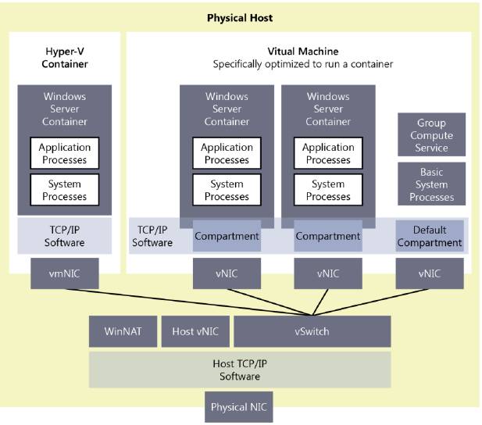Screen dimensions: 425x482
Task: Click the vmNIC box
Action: (65, 273)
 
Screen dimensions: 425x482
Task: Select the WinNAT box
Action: (122, 331)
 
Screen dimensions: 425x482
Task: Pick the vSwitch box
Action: (312, 331)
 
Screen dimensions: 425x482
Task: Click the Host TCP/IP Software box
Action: (239, 370)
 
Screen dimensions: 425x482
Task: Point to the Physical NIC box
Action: (239, 407)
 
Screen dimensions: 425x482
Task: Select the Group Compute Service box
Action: (431, 135)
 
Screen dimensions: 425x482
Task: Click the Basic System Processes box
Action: (431, 184)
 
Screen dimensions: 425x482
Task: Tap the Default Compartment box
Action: (430, 236)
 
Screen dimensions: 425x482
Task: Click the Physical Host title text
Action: (240, 17)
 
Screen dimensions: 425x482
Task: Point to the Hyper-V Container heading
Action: (65, 57)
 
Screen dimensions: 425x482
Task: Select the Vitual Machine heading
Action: (303, 51)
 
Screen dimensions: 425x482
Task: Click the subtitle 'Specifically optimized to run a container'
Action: (303, 64)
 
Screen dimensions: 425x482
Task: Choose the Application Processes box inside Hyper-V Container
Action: (65, 153)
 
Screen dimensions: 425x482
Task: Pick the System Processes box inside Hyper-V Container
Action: (65, 190)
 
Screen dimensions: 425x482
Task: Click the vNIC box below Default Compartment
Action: (430, 273)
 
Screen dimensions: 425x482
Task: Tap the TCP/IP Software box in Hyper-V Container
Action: (65, 236)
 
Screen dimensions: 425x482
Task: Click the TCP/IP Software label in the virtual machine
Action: (152, 236)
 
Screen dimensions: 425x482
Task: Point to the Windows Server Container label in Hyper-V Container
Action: (65, 109)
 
